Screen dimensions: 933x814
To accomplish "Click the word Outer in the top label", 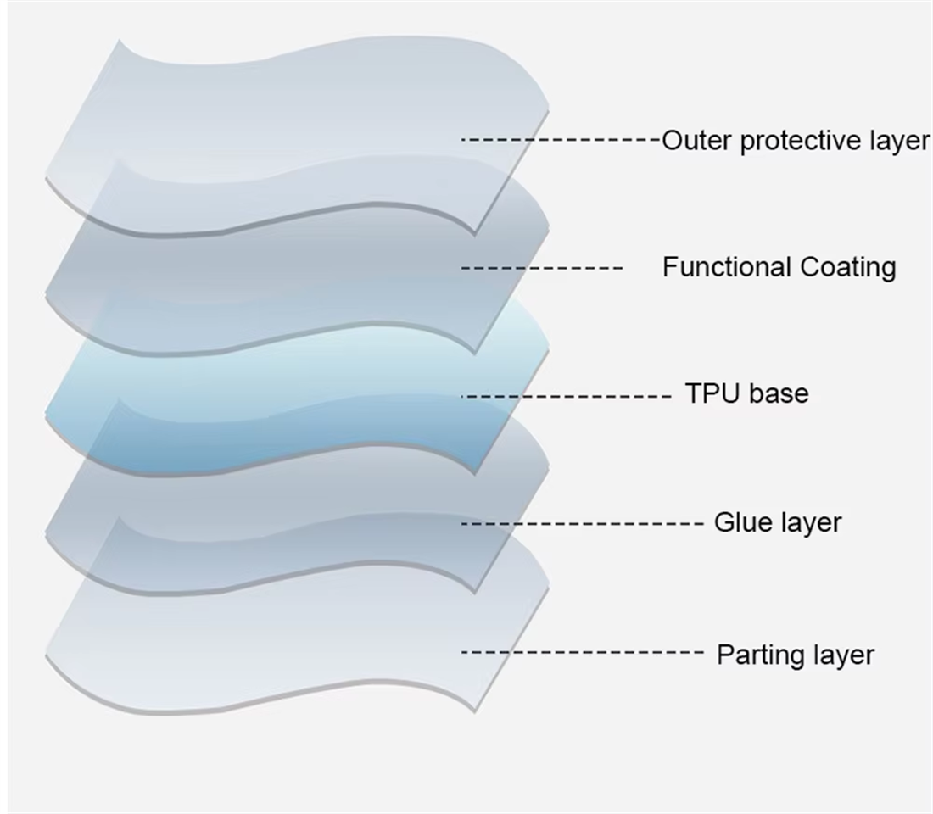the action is pyautogui.click(x=697, y=141).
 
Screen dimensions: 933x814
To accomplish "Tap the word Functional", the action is pyautogui.click(x=728, y=266).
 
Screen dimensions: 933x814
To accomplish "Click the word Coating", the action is pyautogui.click(x=848, y=268).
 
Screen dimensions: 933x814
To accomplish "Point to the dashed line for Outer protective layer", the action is pyautogui.click(x=561, y=140).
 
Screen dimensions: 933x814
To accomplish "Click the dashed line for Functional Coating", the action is pyautogui.click(x=542, y=268).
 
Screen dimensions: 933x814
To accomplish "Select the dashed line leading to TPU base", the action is pyautogui.click(x=567, y=396).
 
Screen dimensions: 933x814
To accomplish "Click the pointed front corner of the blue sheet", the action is pyautogui.click(x=476, y=474).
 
